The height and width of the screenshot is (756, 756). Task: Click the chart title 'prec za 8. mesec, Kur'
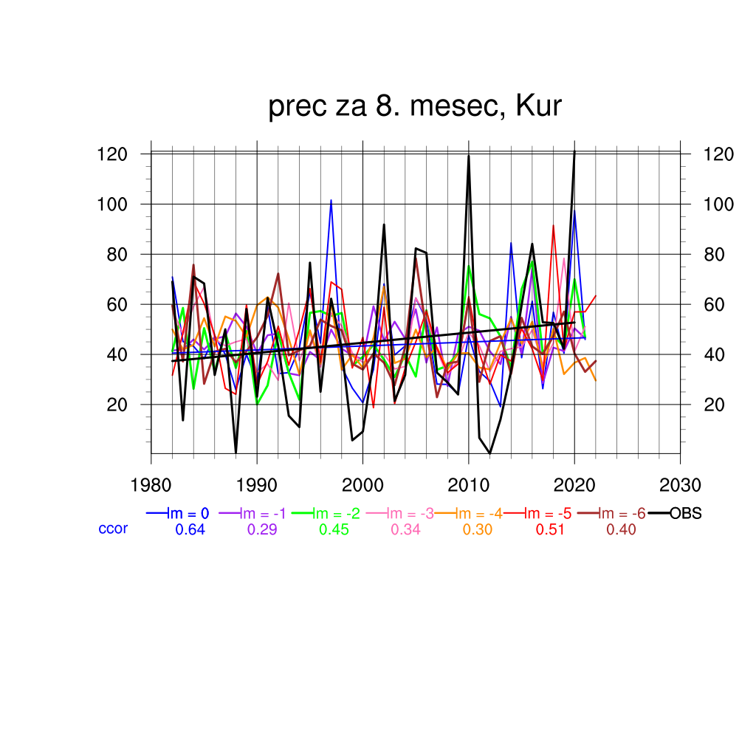click(415, 107)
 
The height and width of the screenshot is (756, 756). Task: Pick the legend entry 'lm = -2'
click(337, 514)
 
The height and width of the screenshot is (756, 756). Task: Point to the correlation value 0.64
click(190, 529)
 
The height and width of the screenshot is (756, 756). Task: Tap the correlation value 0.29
click(262, 529)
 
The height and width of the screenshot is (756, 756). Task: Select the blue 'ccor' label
click(113, 529)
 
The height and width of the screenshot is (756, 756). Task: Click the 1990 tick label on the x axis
click(257, 485)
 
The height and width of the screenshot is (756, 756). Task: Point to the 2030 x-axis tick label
click(680, 485)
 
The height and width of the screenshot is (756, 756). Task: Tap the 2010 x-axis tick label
click(468, 485)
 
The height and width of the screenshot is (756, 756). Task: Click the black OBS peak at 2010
click(469, 155)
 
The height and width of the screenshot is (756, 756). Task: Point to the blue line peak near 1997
click(331, 200)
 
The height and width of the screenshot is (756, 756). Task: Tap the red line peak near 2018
click(553, 226)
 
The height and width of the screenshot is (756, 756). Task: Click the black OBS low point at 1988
click(236, 452)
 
